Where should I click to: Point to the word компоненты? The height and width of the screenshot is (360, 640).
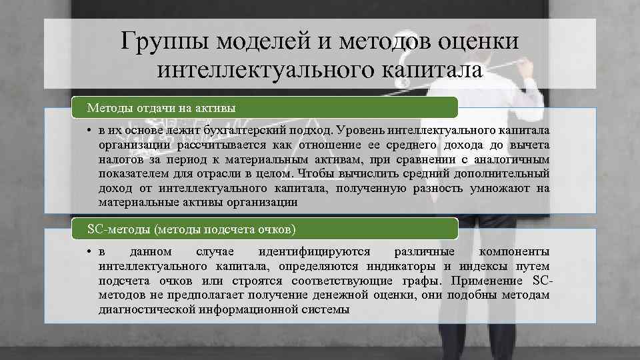click(x=514, y=252)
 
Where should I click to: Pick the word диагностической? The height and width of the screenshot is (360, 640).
click(x=145, y=309)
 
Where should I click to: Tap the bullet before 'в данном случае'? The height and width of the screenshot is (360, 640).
click(x=89, y=252)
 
